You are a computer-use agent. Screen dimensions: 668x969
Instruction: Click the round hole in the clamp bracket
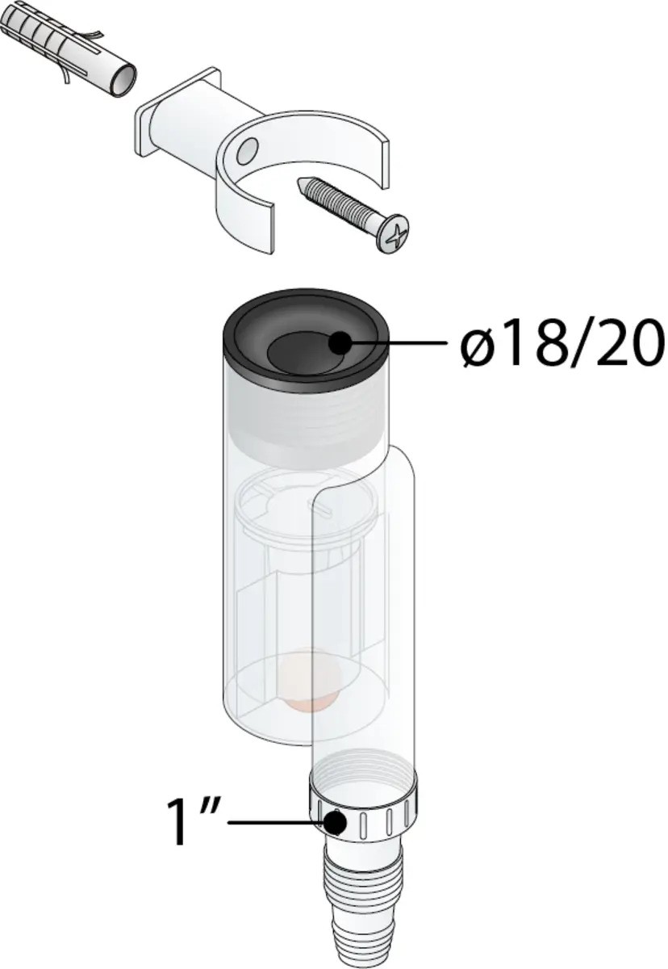pos(248,149)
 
